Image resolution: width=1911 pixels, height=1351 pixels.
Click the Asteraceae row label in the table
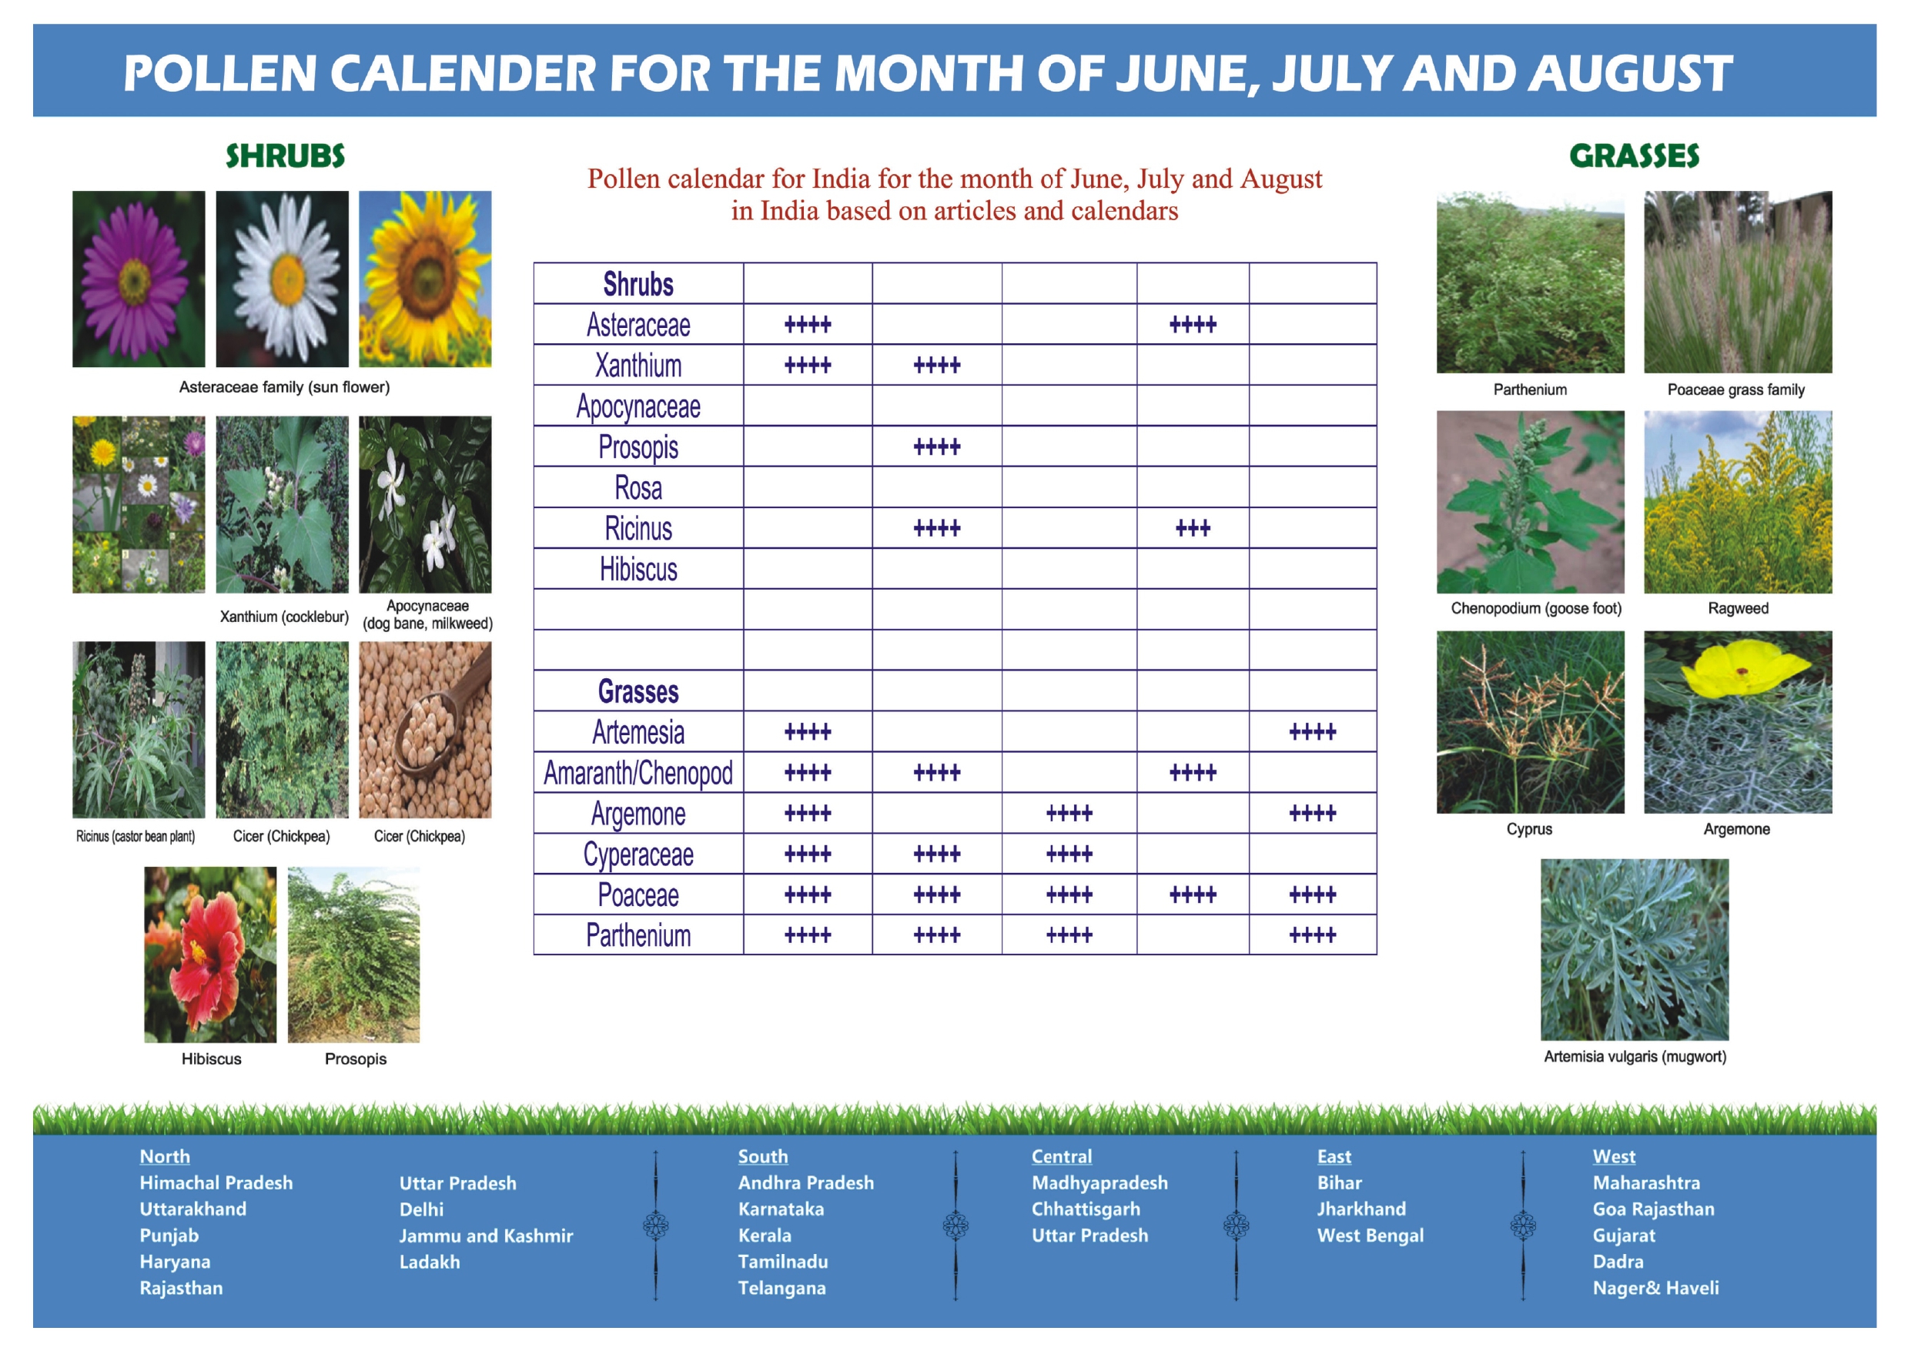click(638, 325)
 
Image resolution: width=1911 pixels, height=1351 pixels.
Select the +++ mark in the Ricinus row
click(1193, 528)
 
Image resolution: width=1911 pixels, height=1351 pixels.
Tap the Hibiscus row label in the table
click(638, 570)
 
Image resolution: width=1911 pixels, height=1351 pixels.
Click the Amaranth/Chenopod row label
click(638, 774)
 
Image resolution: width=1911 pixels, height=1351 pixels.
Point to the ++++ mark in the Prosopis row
click(937, 447)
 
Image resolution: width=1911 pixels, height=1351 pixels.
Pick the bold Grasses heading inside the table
click(638, 692)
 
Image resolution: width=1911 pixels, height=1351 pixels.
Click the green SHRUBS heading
click(285, 155)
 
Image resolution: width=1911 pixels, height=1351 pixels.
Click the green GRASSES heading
click(1634, 155)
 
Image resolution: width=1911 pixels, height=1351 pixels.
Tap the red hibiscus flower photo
click(209, 954)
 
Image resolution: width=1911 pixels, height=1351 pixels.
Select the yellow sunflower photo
click(425, 279)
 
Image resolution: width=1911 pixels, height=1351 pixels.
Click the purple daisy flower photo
click(138, 279)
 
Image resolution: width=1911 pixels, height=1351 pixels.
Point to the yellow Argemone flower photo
click(1738, 722)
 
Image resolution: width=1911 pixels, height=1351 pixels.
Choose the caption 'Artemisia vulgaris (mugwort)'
click(1635, 1056)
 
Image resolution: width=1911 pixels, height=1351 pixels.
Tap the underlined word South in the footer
click(762, 1156)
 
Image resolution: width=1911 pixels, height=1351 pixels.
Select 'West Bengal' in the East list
click(1370, 1236)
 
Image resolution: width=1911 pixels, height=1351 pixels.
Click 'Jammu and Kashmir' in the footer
click(486, 1236)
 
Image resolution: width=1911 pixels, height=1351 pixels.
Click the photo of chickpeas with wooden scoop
click(425, 729)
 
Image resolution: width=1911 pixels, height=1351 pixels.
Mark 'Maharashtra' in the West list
click(1646, 1183)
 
